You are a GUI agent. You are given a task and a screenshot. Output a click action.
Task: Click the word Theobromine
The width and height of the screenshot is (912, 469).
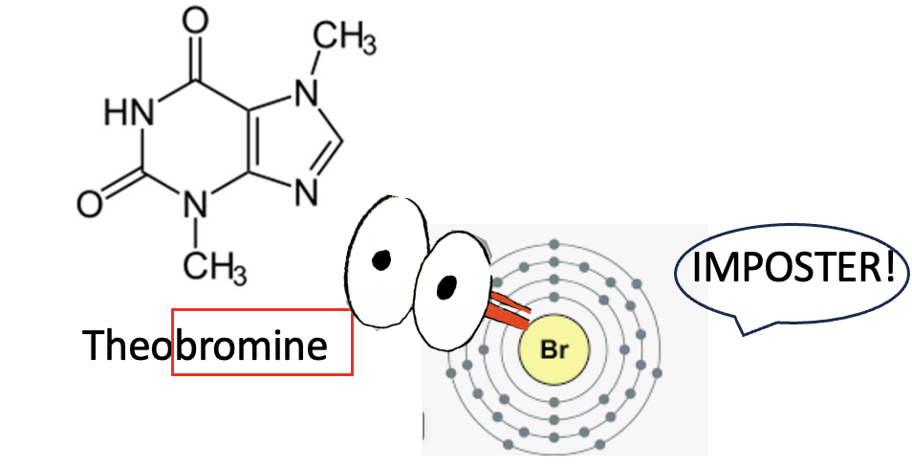point(205,345)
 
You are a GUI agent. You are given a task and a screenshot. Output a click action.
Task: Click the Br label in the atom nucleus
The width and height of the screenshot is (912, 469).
point(554,350)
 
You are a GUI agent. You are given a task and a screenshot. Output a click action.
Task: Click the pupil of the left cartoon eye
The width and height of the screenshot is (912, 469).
point(382,259)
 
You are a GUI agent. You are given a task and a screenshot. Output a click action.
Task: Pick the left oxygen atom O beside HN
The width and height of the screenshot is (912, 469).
point(89,204)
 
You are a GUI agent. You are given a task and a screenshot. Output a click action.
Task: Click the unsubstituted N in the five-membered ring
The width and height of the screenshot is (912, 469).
point(306,191)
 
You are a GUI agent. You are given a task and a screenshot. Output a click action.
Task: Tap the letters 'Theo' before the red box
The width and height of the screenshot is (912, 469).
point(126,345)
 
